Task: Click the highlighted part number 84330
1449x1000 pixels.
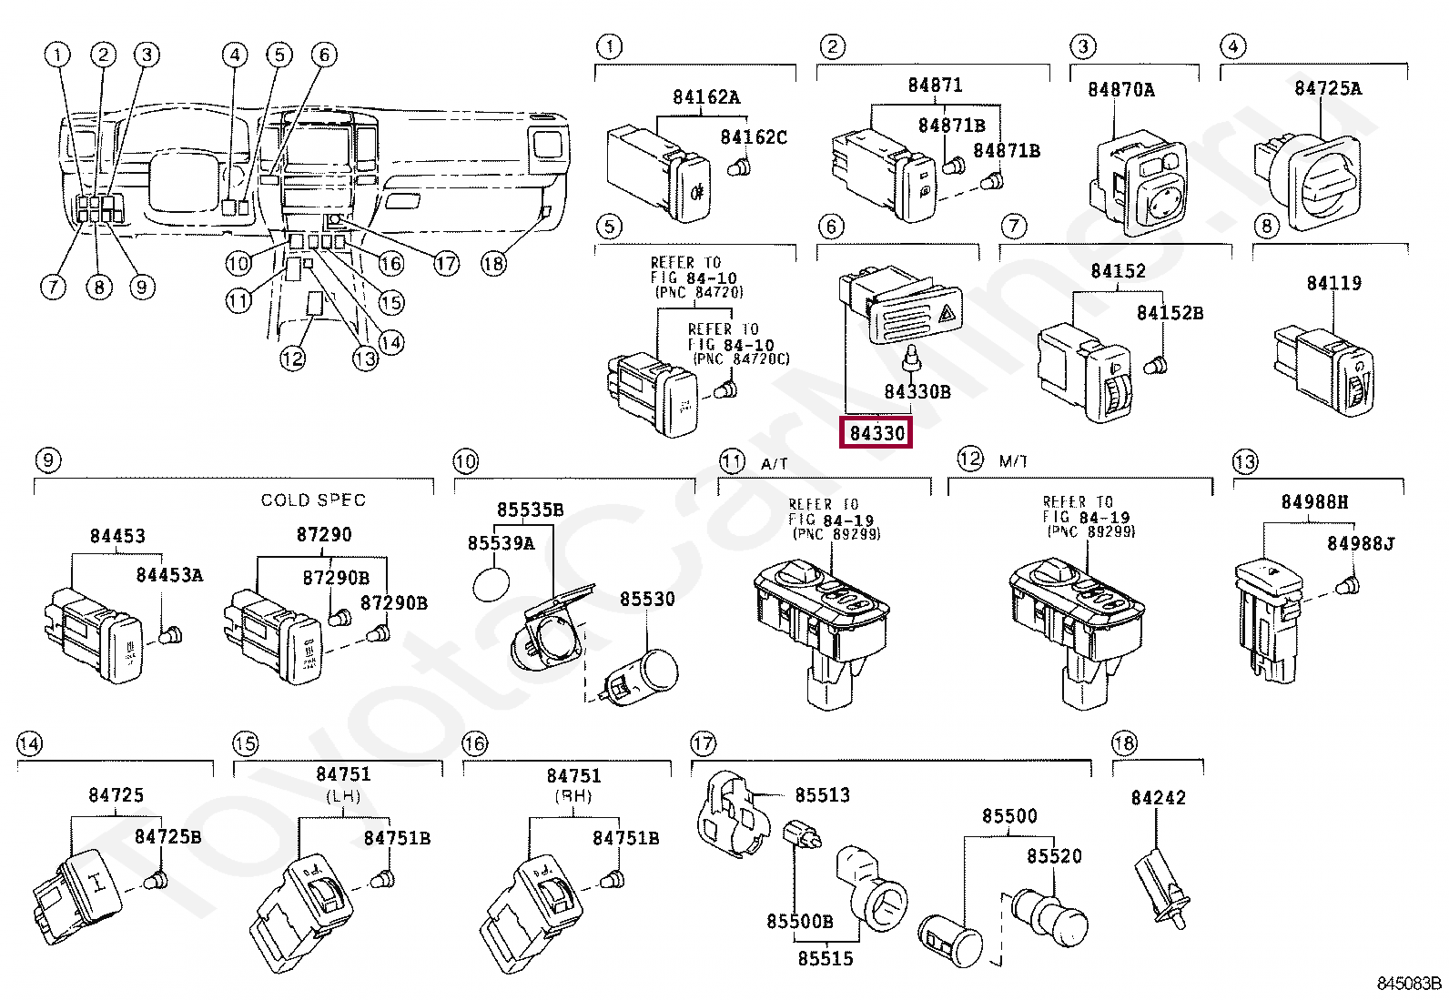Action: [x=876, y=433]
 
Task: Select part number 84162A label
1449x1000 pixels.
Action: [x=706, y=97]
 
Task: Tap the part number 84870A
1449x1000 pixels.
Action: [x=1120, y=89]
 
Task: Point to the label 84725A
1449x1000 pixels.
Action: [x=1327, y=88]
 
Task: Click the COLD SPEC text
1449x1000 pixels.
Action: [x=313, y=500]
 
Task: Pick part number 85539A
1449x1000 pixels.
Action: [x=501, y=543]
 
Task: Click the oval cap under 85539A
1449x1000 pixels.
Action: [x=491, y=584]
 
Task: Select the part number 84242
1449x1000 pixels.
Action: [x=1158, y=798]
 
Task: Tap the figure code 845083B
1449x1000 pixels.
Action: [x=1408, y=984]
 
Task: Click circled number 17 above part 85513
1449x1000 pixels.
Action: [x=703, y=743]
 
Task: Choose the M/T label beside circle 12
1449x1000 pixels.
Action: [x=1012, y=461]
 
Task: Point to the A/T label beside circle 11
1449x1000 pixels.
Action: [x=774, y=464]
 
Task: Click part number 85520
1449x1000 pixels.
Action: [x=1054, y=856]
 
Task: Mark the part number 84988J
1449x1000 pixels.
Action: [x=1360, y=543]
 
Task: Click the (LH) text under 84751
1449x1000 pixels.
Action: [x=343, y=796]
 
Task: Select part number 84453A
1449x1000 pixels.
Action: [x=169, y=575]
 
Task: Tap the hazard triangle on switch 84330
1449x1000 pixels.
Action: [x=946, y=314]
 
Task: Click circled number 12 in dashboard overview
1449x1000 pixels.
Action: [x=292, y=359]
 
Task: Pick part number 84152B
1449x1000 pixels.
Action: [x=1170, y=313]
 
